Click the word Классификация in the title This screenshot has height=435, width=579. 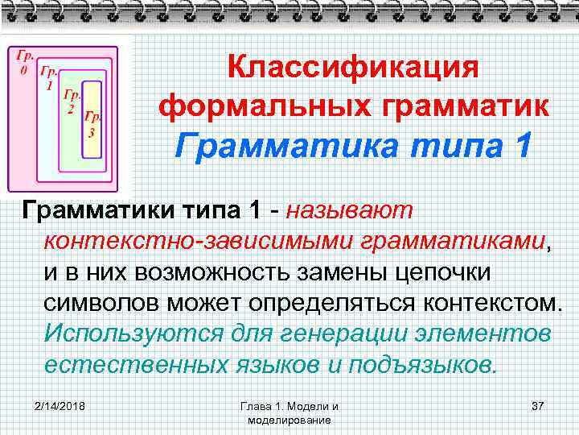(x=353, y=68)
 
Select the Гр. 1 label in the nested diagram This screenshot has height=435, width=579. (x=49, y=78)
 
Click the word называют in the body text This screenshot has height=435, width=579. (x=355, y=211)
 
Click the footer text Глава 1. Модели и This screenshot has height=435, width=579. (x=289, y=405)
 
